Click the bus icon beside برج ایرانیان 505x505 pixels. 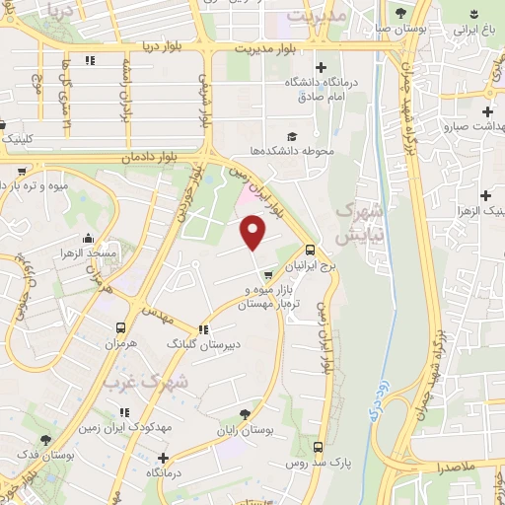pos(311,250)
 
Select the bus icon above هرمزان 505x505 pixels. pos(121,328)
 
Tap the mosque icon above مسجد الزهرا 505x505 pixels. pos(90,238)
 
